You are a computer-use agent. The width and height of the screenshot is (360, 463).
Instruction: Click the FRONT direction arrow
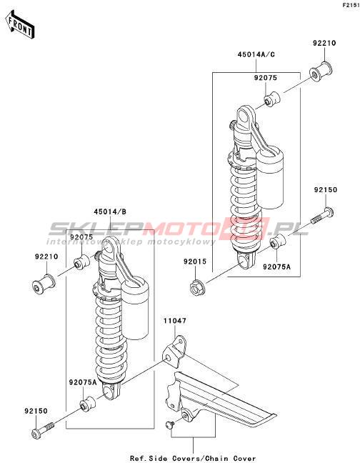coord(20,25)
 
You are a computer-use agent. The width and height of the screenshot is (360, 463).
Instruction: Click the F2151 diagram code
coord(351,5)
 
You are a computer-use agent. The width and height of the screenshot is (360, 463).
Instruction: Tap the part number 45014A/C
coord(256,54)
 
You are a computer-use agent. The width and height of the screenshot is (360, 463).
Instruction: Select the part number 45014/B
coord(110,211)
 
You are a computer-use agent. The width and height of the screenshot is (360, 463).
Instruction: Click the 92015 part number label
coord(195,262)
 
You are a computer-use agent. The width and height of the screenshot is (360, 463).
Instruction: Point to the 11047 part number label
coord(175,320)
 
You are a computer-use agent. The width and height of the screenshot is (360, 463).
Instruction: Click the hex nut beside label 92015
coord(197,287)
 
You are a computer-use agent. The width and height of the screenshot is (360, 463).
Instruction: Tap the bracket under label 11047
coord(174,352)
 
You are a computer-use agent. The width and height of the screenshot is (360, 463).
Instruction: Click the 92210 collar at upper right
coord(321,71)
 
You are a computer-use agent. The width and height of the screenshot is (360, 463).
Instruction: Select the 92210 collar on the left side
coord(44,284)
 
